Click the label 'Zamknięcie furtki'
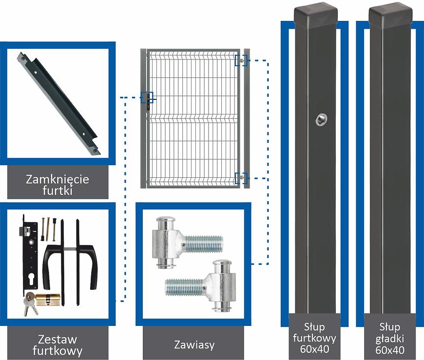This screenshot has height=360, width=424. pyautogui.click(x=57, y=185)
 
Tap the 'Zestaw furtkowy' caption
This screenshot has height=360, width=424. pyautogui.click(x=57, y=344)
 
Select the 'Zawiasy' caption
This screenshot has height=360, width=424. pyautogui.click(x=194, y=345)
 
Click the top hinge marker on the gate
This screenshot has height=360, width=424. pyautogui.click(x=241, y=60)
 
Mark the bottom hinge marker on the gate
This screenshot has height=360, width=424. pyautogui.click(x=241, y=178)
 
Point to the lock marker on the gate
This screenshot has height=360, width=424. pyautogui.click(x=146, y=98)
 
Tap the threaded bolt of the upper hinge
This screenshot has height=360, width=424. pyautogui.click(x=205, y=242)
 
